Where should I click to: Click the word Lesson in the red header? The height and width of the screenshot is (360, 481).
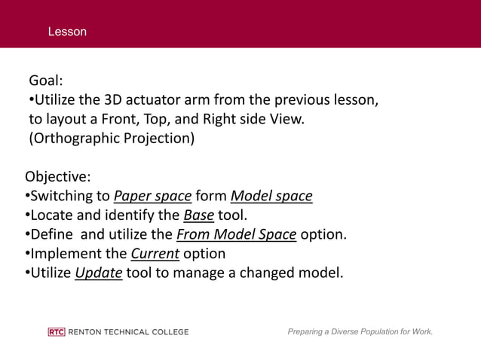click(67, 32)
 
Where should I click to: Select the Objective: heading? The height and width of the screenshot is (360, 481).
click(58, 178)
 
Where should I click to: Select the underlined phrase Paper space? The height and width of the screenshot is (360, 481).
click(152, 197)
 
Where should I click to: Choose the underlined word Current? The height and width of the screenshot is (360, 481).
click(155, 254)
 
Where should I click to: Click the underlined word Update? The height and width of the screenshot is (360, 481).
click(99, 273)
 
